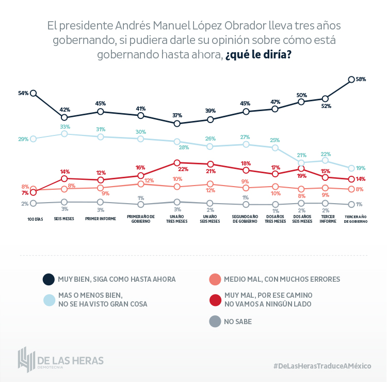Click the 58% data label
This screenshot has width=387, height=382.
361,79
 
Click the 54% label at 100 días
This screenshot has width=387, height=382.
23,93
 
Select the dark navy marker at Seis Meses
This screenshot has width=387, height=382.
64,118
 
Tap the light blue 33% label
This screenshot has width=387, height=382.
65,127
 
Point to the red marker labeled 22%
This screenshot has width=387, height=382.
177,162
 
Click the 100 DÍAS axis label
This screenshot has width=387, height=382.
35,219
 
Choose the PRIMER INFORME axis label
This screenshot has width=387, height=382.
100,219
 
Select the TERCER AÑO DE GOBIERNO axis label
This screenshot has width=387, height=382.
356,219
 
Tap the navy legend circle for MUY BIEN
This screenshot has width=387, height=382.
49,279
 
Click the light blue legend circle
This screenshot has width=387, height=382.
49,299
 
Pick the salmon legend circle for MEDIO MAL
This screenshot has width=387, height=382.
215,279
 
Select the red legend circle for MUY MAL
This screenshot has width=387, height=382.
215,299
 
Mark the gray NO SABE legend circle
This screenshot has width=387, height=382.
215,322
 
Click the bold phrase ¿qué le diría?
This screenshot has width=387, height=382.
258,55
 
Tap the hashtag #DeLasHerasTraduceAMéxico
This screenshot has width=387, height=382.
322,366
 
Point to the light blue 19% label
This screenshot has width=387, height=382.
361,168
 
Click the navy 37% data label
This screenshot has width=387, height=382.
178,115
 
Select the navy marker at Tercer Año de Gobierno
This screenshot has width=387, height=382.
351,80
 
